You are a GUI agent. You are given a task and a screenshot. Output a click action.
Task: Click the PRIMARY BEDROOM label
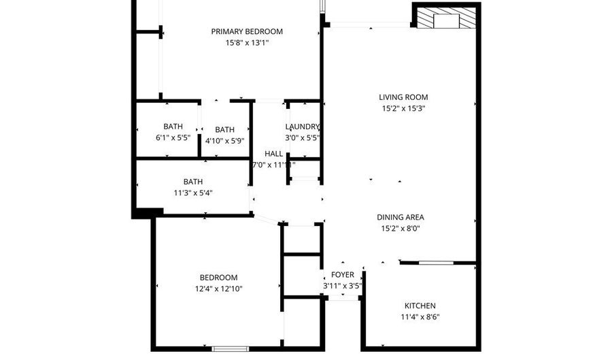[x=247, y=31]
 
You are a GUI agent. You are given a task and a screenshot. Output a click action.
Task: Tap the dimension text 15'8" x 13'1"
[x=247, y=43]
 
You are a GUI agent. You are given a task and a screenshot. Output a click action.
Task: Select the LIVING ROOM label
[x=403, y=97]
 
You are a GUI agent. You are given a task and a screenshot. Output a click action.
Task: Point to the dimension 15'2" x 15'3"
[x=403, y=108]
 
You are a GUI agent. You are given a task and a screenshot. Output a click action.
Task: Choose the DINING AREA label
[x=401, y=218]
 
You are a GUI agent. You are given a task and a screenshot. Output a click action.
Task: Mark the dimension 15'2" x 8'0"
[x=401, y=229]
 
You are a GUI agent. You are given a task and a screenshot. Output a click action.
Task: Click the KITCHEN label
[x=420, y=306]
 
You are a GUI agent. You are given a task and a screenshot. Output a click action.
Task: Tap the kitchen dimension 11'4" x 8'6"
[x=420, y=316]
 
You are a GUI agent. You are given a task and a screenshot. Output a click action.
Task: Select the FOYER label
[x=342, y=275]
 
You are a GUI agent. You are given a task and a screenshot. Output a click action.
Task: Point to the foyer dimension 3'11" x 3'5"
[x=342, y=286]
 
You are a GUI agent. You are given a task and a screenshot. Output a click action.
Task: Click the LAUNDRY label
[x=303, y=127]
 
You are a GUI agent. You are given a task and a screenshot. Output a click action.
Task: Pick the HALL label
[x=273, y=154]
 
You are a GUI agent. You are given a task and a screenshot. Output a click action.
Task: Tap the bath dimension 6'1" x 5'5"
[x=173, y=137]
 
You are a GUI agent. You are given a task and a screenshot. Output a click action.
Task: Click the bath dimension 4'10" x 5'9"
[x=224, y=141]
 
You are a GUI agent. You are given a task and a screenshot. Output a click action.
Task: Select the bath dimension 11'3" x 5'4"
[x=192, y=193]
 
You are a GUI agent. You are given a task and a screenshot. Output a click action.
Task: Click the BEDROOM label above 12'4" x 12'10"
[x=218, y=278]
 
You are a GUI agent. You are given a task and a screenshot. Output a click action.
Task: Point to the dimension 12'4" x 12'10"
[x=218, y=289]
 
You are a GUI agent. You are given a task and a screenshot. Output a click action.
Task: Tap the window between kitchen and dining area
[x=436, y=262]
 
